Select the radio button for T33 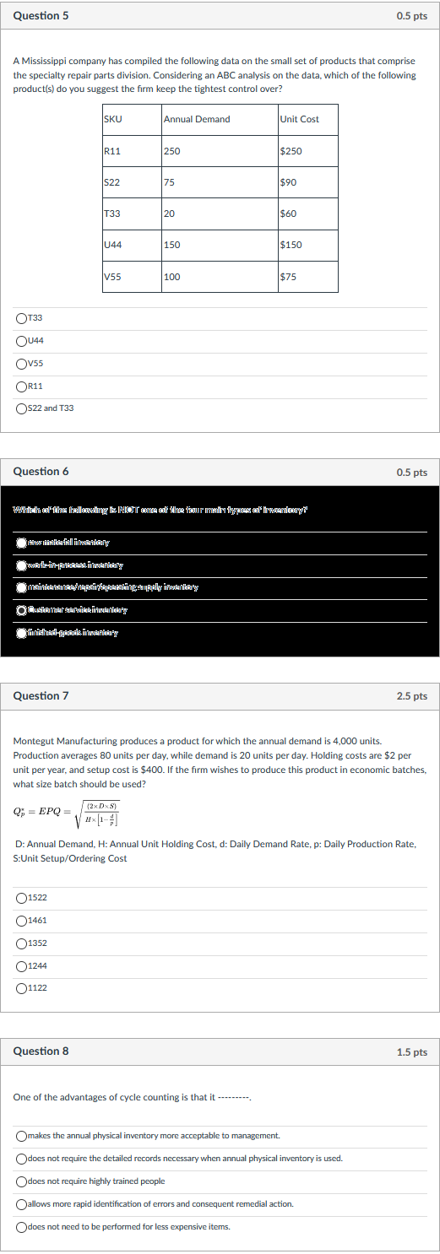coord(21,318)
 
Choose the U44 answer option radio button coord(21,341)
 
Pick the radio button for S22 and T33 coord(21,408)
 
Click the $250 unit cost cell coord(307,151)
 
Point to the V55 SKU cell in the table coord(131,276)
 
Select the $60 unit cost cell coord(307,214)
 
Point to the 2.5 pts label coord(411,696)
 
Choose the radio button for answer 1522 coord(21,897)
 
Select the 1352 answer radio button coord(21,943)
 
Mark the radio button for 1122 coord(21,988)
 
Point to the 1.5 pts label coord(411,1052)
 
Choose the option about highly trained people coord(21,1181)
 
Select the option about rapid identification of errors coord(21,1204)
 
